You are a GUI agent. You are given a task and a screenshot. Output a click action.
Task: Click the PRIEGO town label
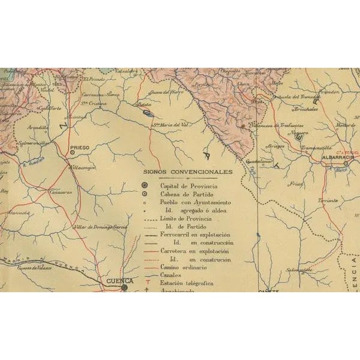[x=80, y=146]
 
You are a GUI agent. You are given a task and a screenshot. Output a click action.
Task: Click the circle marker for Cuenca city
[x=124, y=287]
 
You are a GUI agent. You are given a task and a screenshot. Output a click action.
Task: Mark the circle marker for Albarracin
[x=346, y=163]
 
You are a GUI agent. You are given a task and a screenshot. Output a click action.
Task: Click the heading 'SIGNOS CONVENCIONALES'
[x=187, y=172]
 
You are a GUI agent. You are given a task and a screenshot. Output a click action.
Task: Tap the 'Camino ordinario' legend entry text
[x=181, y=266]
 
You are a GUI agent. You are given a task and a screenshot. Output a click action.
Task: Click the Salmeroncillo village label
[x=34, y=144]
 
